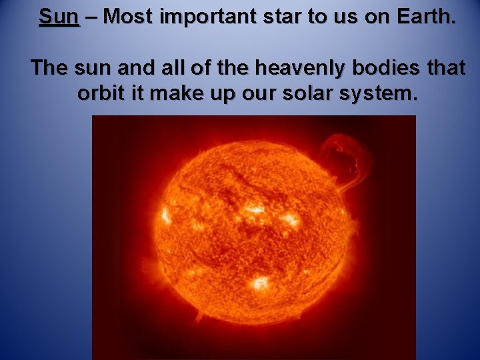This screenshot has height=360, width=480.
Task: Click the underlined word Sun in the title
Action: (59, 16)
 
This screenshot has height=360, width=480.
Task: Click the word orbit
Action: (100, 93)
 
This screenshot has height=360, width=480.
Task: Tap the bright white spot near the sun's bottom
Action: (258, 283)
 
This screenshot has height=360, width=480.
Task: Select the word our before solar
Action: (253, 93)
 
